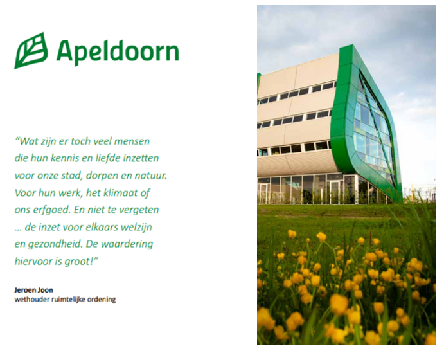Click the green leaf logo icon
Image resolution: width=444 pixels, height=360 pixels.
31,51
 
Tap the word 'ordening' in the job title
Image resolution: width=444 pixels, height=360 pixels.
102,299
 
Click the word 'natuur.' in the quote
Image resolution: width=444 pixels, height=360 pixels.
149,175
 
